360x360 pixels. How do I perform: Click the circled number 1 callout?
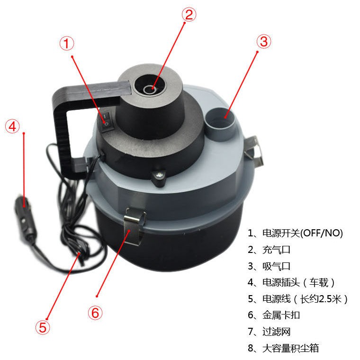[67, 44]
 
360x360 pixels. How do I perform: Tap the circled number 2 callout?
[189, 15]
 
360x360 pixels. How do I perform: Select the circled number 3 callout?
[264, 42]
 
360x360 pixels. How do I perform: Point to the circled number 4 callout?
[12, 126]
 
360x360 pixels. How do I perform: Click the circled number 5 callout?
[43, 327]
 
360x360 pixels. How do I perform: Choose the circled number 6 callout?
[95, 313]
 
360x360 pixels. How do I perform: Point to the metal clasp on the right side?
[254, 150]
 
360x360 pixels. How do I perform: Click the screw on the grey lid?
[159, 176]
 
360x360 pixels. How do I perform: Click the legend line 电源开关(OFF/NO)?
[295, 233]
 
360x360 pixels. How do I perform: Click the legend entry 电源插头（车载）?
[292, 283]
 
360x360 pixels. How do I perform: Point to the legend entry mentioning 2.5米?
[298, 299]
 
